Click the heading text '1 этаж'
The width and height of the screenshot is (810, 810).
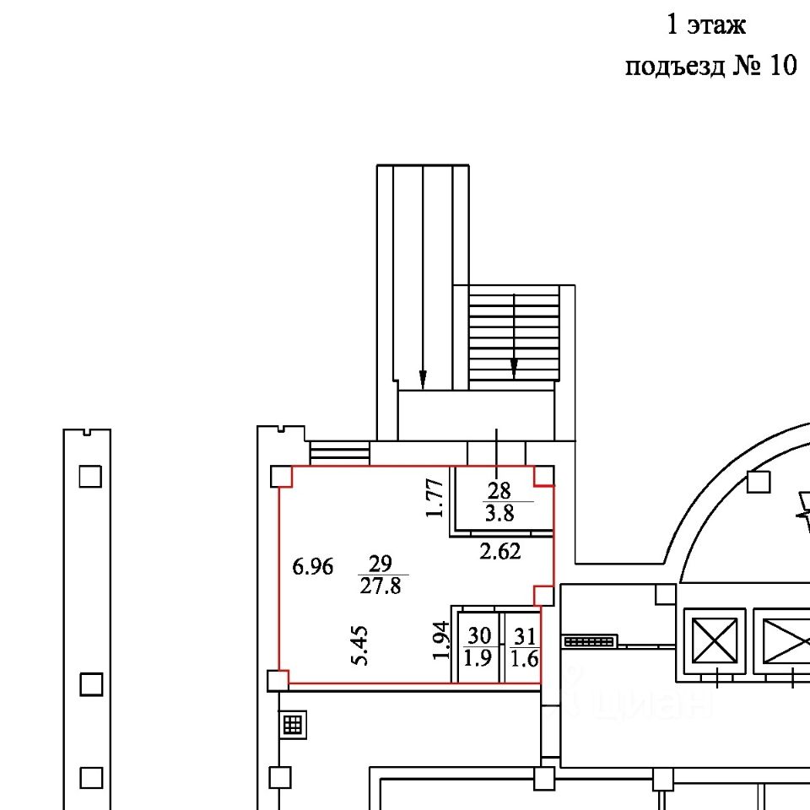click(706, 24)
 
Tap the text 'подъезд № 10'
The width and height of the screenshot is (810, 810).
click(711, 66)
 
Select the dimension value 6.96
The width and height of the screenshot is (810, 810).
click(312, 567)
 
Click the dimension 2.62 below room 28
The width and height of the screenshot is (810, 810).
click(499, 552)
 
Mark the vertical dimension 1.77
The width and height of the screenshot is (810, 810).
click(435, 498)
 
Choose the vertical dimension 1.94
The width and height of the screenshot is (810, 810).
click(441, 640)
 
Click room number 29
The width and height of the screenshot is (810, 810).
click(381, 563)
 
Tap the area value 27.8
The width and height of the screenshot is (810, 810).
click(381, 586)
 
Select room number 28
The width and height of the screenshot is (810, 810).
click(499, 490)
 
